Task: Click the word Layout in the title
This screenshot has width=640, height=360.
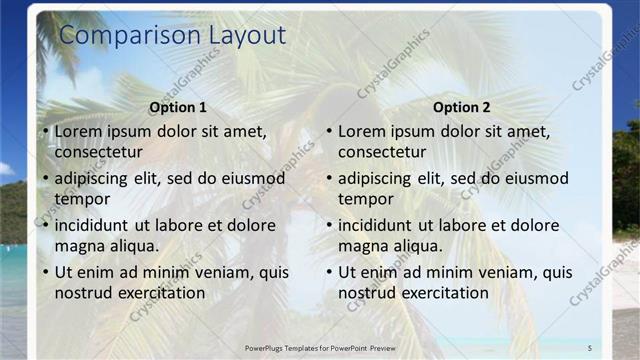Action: (247, 36)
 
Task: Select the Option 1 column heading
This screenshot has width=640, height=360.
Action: (178, 107)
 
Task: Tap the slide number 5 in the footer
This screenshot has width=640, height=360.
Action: (590, 347)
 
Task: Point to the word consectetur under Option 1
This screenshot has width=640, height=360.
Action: (98, 152)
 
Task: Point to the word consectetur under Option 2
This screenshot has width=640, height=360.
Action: (382, 152)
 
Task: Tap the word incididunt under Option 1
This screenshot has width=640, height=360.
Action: (96, 225)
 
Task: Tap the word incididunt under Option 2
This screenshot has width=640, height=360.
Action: (380, 225)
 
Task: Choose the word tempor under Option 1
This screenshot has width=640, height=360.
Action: (82, 198)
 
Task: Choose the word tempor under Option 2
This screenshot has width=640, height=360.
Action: (366, 198)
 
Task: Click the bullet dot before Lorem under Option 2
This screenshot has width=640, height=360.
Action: (330, 131)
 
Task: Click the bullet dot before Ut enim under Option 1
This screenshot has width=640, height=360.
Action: (46, 272)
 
